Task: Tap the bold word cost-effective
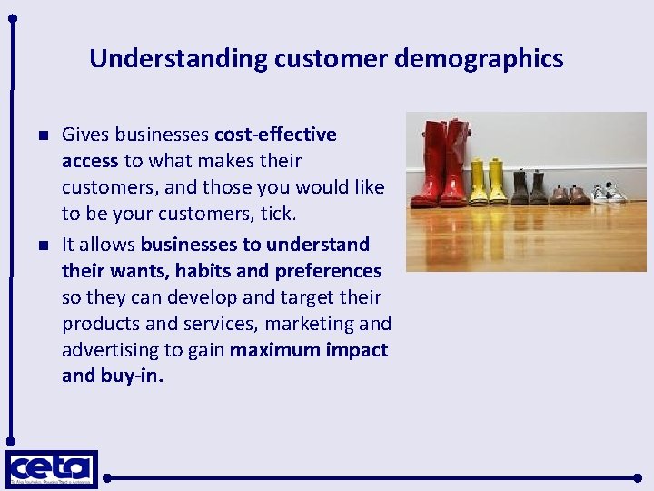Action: point(275,135)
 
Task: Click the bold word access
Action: point(90,161)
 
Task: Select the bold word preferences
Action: point(328,271)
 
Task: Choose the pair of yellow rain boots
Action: point(487,182)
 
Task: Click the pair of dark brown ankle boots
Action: point(529,187)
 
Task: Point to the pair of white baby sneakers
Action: point(609,193)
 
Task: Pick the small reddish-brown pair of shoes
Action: point(570,194)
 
